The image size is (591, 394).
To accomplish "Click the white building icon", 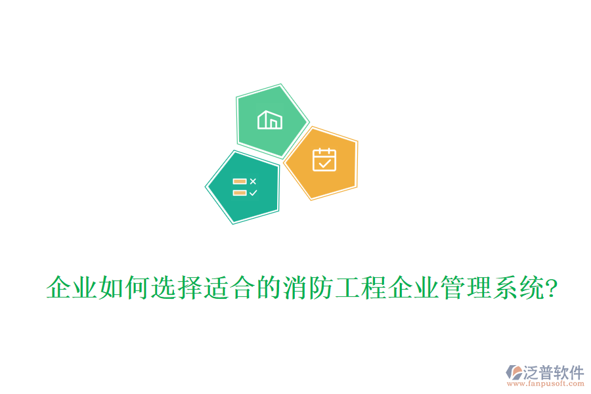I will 270,120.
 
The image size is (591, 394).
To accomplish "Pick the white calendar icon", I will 324,160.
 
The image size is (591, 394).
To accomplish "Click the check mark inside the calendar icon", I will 324,163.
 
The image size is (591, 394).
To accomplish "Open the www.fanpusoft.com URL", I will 546,385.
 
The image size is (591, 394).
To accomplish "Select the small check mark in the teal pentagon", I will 253,193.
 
